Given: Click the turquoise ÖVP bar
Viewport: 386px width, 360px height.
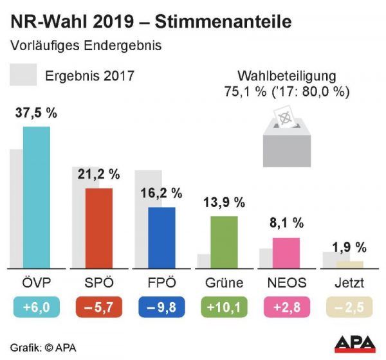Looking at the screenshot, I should click(x=36, y=197).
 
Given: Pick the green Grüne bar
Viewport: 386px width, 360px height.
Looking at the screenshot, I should click(x=225, y=242).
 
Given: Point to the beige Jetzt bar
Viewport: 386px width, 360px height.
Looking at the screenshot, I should click(x=349, y=264).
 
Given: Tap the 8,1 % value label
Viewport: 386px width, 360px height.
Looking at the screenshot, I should click(x=286, y=224).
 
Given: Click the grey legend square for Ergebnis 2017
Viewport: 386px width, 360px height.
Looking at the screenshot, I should click(x=23, y=75).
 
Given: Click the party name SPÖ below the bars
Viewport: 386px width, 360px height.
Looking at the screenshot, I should click(x=99, y=283).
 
